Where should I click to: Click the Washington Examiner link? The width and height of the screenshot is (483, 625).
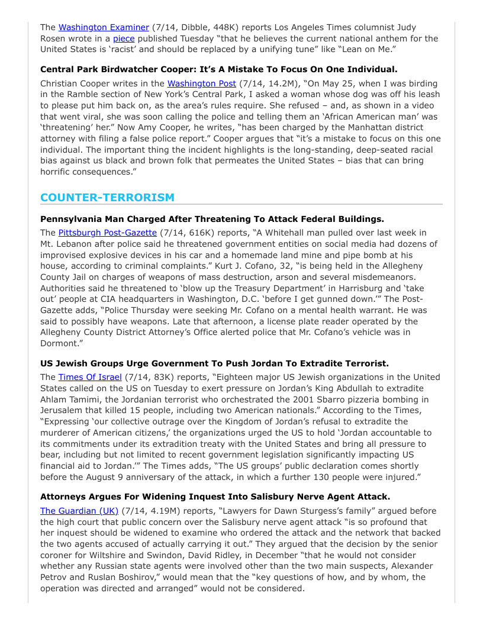pos(104,27)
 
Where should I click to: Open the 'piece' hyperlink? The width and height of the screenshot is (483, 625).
pos(124,38)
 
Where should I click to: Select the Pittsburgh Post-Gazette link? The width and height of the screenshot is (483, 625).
pos(108,233)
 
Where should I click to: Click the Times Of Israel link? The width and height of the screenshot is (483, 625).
pos(90,377)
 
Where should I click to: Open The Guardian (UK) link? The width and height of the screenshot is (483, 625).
pos(79,511)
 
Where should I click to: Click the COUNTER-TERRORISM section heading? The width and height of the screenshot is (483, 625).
pos(108,198)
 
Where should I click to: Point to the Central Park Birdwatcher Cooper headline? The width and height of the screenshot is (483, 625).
pos(219,69)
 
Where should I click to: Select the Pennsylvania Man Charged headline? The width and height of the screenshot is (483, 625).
pos(212,218)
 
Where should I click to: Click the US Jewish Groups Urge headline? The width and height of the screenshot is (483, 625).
pos(214,363)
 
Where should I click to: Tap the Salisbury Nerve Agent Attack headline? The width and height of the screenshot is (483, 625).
pos(215,497)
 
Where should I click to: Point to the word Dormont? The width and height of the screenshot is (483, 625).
pos(60,344)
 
